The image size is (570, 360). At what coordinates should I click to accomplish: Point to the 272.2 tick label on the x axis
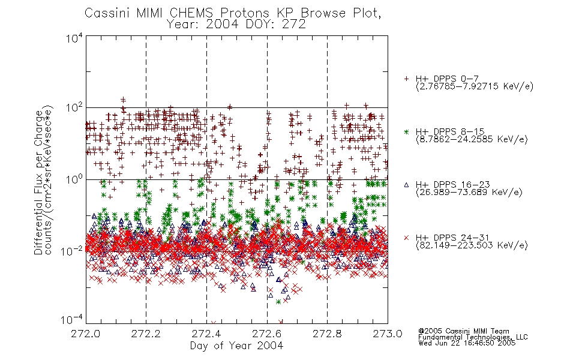click(x=146, y=334)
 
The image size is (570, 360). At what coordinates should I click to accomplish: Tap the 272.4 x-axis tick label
click(x=206, y=334)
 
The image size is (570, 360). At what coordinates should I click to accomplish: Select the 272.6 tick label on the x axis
click(x=267, y=334)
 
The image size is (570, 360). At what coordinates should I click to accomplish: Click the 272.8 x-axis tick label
click(x=327, y=334)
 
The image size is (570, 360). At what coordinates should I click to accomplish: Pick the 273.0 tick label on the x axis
click(x=388, y=334)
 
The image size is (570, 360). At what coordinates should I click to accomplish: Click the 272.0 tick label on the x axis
click(x=85, y=334)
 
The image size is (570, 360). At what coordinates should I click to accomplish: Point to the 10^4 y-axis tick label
click(x=74, y=38)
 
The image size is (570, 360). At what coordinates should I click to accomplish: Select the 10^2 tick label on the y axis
click(x=74, y=108)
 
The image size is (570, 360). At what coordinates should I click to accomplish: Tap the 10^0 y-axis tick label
click(x=74, y=179)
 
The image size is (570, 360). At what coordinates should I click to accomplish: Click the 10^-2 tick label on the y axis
click(x=73, y=251)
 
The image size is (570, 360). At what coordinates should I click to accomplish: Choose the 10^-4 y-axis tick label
click(x=73, y=320)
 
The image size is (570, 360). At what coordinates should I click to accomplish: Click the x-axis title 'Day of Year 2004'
click(x=236, y=346)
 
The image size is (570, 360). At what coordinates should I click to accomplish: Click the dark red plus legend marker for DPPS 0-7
click(x=406, y=79)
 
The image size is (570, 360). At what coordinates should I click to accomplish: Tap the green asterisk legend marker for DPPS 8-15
click(x=406, y=131)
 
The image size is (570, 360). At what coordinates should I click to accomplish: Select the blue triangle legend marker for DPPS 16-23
click(x=406, y=185)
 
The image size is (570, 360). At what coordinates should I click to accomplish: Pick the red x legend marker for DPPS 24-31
click(x=406, y=238)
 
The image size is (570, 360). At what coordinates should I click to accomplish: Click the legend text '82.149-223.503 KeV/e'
click(x=472, y=245)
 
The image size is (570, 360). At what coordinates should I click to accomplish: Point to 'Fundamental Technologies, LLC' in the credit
click(x=473, y=337)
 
